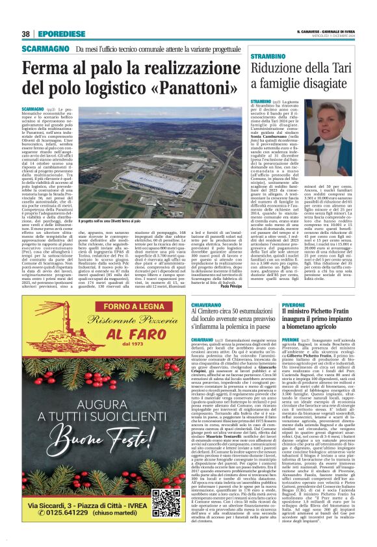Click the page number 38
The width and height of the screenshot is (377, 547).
coord(25,34)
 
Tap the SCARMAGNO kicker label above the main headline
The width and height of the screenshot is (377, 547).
coord(46,50)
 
